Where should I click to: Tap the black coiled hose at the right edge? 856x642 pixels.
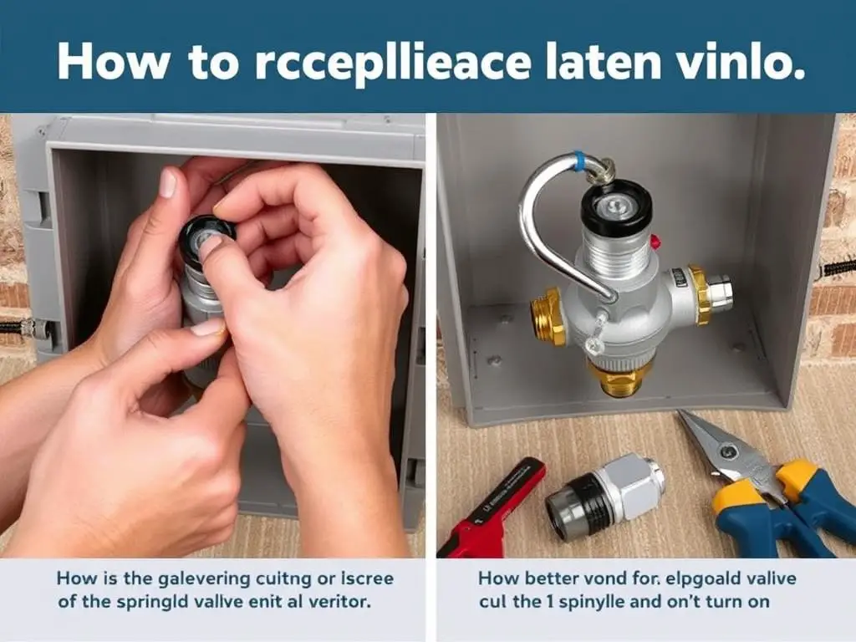click(838, 267)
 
